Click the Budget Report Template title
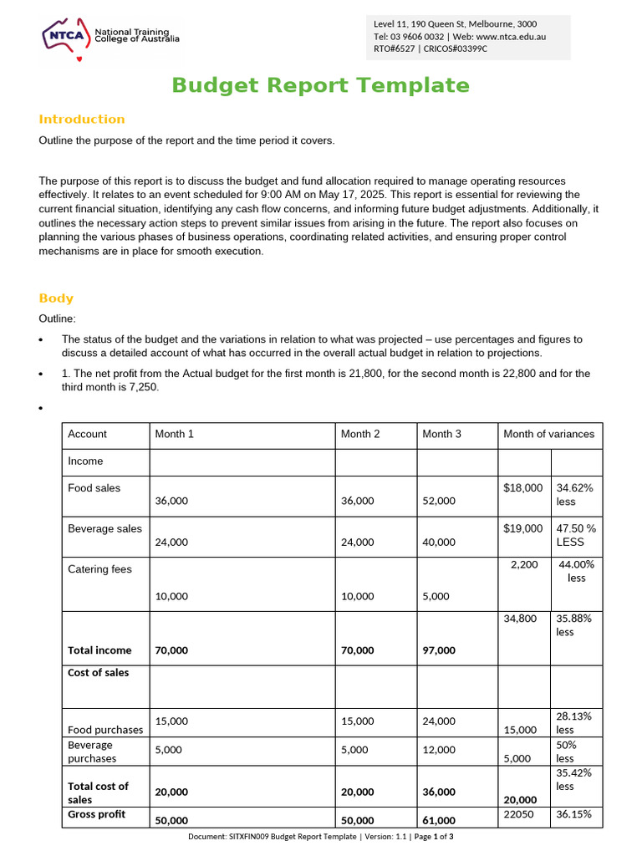[x=320, y=85]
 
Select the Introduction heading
[x=82, y=120]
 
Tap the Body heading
[x=56, y=298]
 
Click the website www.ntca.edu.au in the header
[x=511, y=37]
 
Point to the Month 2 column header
[x=360, y=434]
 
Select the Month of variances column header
[x=548, y=434]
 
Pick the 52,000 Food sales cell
[x=439, y=501]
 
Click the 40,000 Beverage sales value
[x=439, y=542]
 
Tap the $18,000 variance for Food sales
[x=523, y=488]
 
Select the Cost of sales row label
[x=99, y=673]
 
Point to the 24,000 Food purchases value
[x=439, y=721]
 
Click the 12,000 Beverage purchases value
[x=439, y=751]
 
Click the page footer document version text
[x=320, y=837]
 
